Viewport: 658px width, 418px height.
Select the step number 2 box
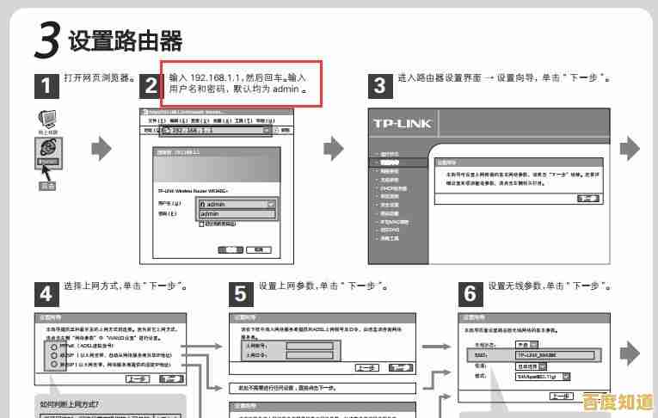[x=151, y=85]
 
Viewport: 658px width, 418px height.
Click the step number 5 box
[x=242, y=294]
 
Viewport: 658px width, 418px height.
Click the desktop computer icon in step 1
[x=47, y=119]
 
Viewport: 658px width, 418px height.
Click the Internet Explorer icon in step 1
[x=48, y=151]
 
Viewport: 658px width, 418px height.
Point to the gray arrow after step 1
[x=101, y=148]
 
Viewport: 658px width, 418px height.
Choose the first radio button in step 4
[x=53, y=346]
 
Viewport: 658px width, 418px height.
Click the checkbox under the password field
[x=201, y=224]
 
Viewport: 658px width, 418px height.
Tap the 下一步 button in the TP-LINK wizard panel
[x=588, y=199]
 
